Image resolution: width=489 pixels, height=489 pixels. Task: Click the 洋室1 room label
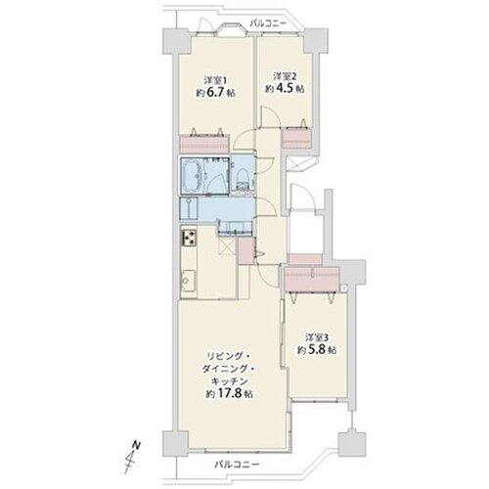(215, 80)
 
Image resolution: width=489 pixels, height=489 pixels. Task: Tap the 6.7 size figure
(215, 93)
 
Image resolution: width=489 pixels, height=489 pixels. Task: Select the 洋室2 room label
(285, 76)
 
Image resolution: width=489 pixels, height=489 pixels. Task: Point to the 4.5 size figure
(285, 89)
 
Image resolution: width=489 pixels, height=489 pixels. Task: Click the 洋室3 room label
(317, 336)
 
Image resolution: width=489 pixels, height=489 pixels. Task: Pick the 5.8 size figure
(316, 350)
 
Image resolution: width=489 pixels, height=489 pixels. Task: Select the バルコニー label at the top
(268, 23)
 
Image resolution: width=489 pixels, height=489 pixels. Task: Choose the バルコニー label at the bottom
(237, 465)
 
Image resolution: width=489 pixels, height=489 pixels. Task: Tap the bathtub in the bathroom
(194, 175)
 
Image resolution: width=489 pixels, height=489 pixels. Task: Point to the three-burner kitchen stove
(189, 238)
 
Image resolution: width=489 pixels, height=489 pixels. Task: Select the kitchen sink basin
(188, 281)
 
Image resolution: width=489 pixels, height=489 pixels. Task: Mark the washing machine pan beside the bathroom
(189, 209)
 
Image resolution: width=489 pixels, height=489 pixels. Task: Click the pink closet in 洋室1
(204, 144)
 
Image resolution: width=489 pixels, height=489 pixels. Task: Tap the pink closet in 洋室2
(296, 139)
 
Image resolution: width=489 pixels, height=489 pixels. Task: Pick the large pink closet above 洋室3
(311, 279)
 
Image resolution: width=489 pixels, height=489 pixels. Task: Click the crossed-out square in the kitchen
(227, 246)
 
